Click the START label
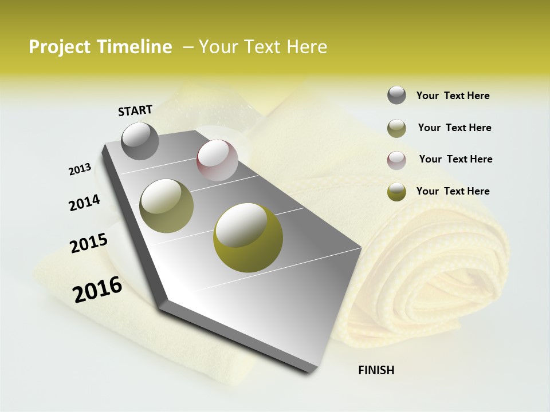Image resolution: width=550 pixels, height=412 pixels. pos(135,110)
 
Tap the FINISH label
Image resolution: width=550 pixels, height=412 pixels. pos(376,370)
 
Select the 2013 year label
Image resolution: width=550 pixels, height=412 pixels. pos(80,169)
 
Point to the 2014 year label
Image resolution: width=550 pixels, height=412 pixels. pos(85,203)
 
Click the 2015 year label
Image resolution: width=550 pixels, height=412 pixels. pos(89,243)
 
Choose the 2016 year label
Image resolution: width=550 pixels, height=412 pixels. pos(97,289)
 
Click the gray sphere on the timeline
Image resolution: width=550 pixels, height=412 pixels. pos(140,141)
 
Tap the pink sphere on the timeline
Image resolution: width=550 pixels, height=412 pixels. pos(217,160)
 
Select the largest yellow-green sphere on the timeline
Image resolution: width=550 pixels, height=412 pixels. pos(247,237)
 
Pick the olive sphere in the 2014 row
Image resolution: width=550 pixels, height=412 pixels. pos(166,206)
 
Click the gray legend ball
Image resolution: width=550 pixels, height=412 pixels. pos(396,95)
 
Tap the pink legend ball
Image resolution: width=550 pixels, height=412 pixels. pos(396,160)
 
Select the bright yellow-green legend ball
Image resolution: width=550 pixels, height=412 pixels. pos(396,192)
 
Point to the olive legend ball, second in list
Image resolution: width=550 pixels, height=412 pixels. pos(396,128)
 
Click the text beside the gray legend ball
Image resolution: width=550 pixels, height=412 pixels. pos(453,96)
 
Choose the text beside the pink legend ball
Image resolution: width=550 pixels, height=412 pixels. pos(455,159)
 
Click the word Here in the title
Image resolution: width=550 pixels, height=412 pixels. pos(307,47)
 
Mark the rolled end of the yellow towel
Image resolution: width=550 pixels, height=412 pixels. pos(453,269)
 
